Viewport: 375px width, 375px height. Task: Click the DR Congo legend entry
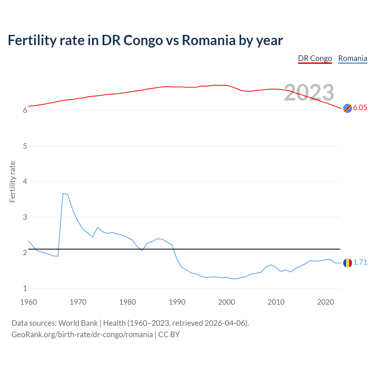click(315, 58)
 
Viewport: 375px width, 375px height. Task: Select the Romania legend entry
click(352, 58)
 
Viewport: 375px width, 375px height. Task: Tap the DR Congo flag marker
click(347, 108)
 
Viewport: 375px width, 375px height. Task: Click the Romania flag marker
click(347, 263)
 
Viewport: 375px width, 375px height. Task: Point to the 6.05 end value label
click(360, 108)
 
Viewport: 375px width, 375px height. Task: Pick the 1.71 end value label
click(360, 262)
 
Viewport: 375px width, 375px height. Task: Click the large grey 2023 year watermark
click(309, 93)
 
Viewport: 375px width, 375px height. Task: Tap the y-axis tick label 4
click(25, 181)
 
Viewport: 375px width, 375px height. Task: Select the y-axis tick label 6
click(25, 110)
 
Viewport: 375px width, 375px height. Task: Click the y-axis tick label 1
click(25, 288)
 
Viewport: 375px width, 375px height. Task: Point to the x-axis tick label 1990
click(177, 302)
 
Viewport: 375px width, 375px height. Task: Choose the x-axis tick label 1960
click(28, 302)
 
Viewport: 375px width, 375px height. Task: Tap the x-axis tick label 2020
click(325, 302)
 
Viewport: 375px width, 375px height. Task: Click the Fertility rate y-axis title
click(12, 182)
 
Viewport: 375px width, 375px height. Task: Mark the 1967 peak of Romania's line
click(63, 194)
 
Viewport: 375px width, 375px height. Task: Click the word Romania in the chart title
click(208, 40)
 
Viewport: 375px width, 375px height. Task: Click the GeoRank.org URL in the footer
click(82, 334)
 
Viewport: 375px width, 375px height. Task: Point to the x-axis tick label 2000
click(226, 302)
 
